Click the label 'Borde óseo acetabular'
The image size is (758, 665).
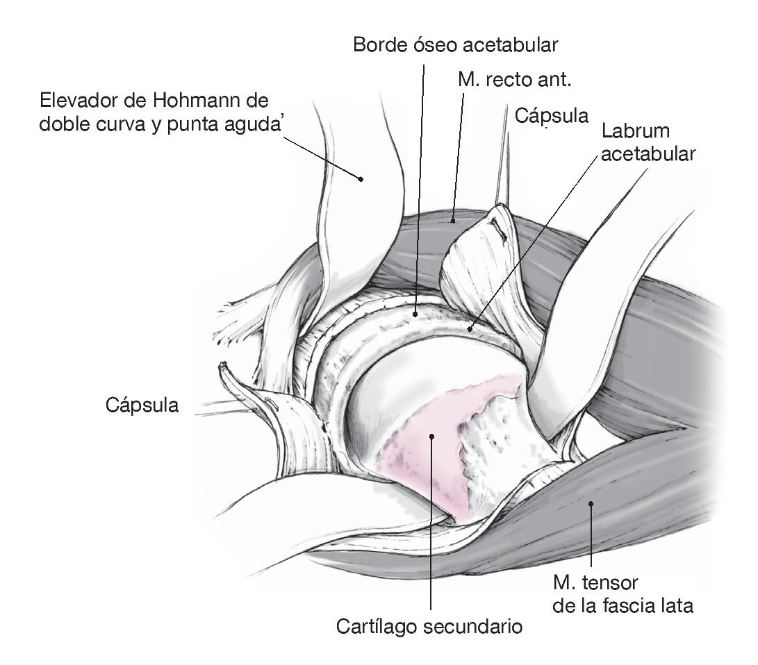(x=456, y=46)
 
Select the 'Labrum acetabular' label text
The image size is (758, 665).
(x=648, y=142)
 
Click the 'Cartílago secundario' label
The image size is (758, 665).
(x=429, y=626)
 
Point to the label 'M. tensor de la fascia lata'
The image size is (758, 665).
(x=623, y=594)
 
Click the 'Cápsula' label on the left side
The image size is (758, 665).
(x=142, y=405)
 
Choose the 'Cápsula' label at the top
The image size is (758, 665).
(x=552, y=115)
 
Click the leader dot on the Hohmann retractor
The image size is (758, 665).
(x=361, y=178)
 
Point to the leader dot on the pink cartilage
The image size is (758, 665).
(x=431, y=436)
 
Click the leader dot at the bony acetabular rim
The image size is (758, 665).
(x=415, y=314)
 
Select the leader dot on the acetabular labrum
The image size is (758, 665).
(x=470, y=328)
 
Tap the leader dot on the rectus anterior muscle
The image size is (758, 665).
(x=452, y=221)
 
